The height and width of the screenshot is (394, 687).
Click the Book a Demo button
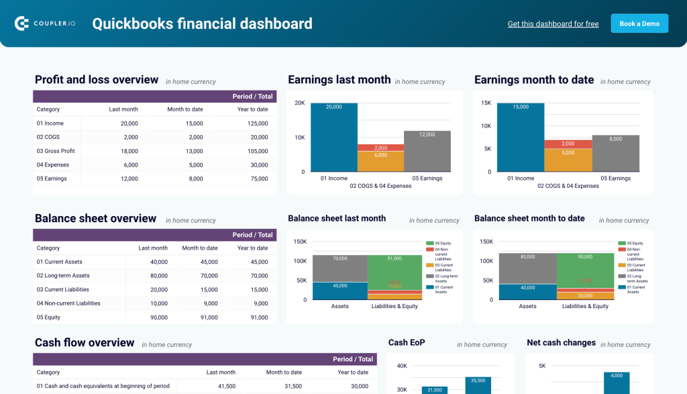pyautogui.click(x=639, y=23)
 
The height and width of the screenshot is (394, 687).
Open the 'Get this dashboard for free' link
pyautogui.click(x=553, y=24)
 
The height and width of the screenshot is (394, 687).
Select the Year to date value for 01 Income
pyautogui.click(x=258, y=124)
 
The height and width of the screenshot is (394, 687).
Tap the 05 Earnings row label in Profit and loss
pyautogui.click(x=52, y=179)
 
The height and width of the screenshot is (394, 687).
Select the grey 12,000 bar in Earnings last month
pyautogui.click(x=427, y=151)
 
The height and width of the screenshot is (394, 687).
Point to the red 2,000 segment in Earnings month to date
pyautogui.click(x=568, y=144)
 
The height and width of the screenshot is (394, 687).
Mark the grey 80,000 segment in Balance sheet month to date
pyautogui.click(x=527, y=268)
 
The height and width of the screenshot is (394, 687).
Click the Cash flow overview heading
pyautogui.click(x=85, y=343)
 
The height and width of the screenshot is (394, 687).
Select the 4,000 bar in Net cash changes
pyautogui.click(x=617, y=384)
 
